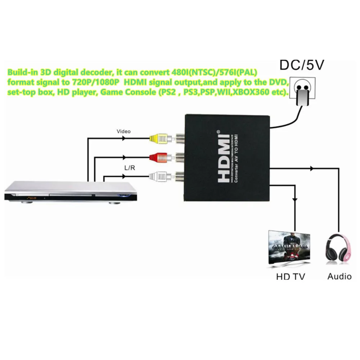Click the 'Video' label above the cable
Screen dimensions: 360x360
(123, 131)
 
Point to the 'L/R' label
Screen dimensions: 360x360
(130, 168)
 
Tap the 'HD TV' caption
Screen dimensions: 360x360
(291, 277)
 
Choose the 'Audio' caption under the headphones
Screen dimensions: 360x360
(339, 276)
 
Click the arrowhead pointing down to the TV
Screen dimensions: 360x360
(295, 199)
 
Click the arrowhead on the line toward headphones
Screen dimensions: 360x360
(311, 168)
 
